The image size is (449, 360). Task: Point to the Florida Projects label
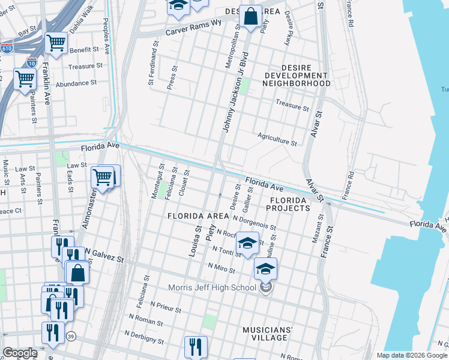[x=289, y=204]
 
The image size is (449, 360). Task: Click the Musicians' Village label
[x=268, y=334]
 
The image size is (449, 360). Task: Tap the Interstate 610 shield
[x=7, y=48]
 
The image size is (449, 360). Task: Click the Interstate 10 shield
[x=31, y=62]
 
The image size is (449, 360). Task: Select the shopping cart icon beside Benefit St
[x=56, y=43]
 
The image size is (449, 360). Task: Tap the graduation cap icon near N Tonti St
[x=246, y=243]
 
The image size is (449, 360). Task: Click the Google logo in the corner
[x=19, y=353]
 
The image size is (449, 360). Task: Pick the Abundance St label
[x=76, y=84]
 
